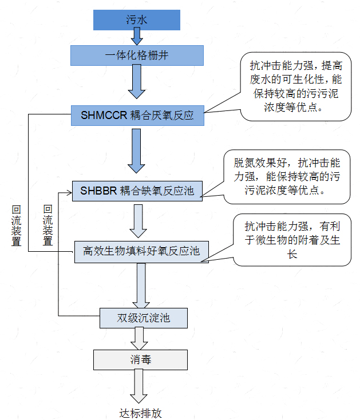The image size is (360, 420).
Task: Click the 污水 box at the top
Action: pos(137,20)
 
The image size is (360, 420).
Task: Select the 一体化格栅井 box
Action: pos(137,56)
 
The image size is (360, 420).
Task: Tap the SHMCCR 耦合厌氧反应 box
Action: pos(137,115)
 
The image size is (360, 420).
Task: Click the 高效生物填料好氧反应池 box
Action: pos(141,252)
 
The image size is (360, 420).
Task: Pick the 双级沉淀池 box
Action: pos(144,318)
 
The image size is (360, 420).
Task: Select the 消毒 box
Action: pos(140,359)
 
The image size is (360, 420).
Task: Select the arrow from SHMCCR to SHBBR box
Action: pos(137,150)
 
